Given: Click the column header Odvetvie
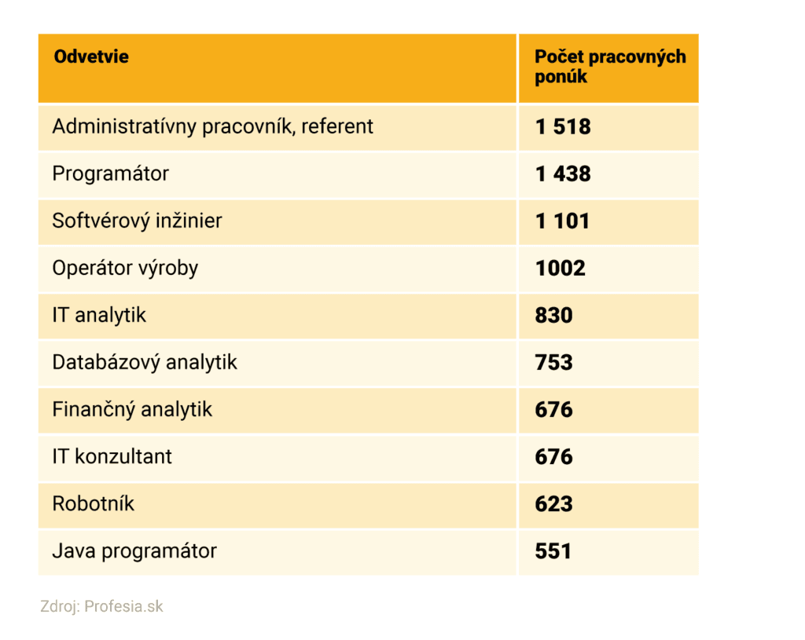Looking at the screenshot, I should tap(90, 57).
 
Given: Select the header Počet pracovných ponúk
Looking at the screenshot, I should tap(609, 67).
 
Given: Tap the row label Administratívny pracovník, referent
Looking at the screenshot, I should tap(212, 126).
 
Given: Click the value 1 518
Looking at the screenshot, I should tap(563, 127).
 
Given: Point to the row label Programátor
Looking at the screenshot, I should tap(110, 174).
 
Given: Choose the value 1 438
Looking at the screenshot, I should tap(563, 174).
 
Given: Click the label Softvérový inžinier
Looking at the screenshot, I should tap(137, 221).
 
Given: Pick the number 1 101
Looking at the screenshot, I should tap(562, 221).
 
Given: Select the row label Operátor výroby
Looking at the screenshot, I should tap(125, 268).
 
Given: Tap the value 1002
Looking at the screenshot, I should tap(561, 269).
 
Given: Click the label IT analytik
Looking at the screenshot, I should tap(99, 315).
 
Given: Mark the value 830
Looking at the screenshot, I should tap(554, 316).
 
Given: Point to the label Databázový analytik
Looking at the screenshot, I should tap(145, 362).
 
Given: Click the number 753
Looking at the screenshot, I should tap(554, 363).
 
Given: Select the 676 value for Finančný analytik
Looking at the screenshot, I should tap(554, 410).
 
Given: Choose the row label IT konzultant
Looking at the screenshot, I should tap(112, 456).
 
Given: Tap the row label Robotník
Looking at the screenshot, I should tap(93, 503).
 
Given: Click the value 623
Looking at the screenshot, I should tap(554, 504).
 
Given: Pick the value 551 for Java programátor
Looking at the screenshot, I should tap(553, 551).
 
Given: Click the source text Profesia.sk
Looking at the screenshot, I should tap(123, 606).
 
